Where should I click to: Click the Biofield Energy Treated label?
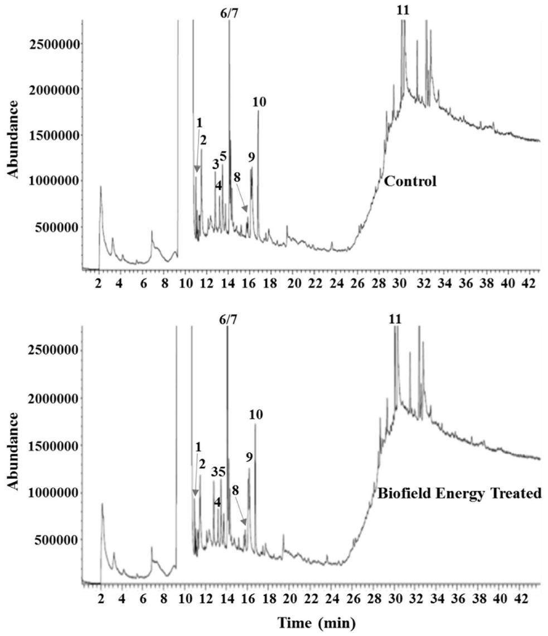[x=460, y=493]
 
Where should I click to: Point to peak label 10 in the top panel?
[x=259, y=102]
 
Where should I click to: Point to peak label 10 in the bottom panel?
[x=256, y=414]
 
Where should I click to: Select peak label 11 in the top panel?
[x=402, y=10]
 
